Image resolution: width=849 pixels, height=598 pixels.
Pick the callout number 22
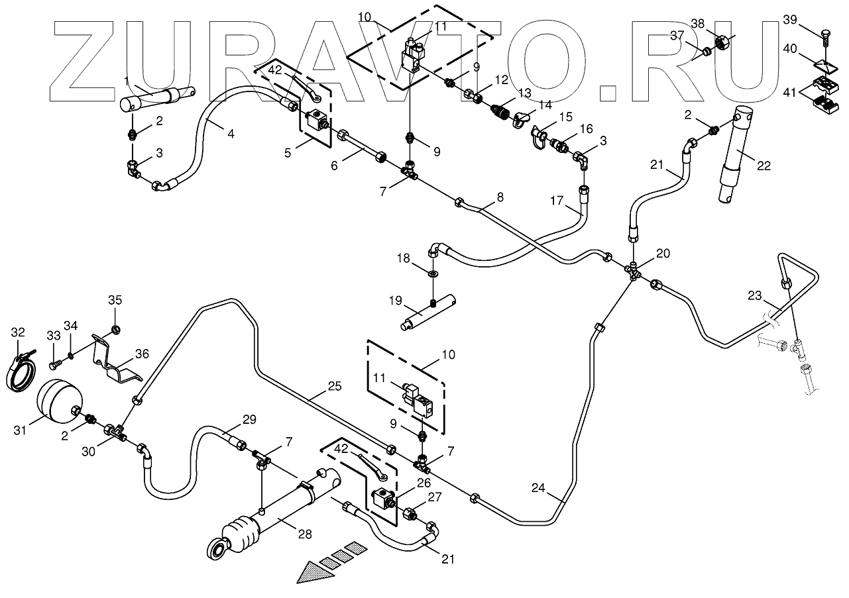point(764,166)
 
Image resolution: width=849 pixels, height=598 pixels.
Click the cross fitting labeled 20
point(633,271)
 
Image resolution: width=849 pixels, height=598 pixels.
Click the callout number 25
point(335,386)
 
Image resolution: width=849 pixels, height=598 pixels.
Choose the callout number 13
point(525,93)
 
